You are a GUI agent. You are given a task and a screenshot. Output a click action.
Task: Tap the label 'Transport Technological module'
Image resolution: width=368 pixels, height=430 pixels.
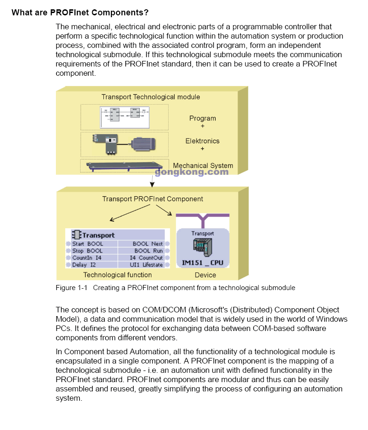150,97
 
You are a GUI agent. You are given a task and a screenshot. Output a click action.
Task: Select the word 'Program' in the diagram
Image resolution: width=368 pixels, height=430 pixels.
203,118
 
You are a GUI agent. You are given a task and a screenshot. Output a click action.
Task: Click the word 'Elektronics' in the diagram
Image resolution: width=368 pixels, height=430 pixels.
203,141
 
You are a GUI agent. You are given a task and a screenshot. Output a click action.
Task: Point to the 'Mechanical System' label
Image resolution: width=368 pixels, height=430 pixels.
203,165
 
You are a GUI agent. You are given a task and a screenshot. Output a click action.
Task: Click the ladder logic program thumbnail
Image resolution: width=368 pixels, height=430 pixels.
125,117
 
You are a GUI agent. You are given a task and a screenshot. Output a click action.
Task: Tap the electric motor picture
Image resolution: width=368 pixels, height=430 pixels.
143,145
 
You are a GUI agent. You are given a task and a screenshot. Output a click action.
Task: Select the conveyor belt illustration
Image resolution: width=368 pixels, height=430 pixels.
125,165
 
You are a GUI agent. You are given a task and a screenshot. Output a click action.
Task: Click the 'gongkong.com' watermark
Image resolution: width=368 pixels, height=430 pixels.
191,172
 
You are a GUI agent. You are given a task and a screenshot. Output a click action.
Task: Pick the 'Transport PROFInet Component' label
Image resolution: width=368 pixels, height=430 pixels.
153,199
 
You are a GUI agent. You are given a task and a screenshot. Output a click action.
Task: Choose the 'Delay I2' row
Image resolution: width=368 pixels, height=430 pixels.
84,265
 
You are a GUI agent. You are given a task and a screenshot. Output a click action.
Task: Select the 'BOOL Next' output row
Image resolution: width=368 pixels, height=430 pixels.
148,244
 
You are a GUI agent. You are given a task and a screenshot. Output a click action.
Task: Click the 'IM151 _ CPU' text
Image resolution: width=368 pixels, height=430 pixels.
202,263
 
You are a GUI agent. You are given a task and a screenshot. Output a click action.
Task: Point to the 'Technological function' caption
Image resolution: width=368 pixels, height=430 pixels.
117,275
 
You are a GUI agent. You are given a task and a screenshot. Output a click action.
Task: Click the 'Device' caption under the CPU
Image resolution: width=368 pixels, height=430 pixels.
205,275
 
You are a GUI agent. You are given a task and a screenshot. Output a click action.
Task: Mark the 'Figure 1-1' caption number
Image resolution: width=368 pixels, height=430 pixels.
72,288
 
